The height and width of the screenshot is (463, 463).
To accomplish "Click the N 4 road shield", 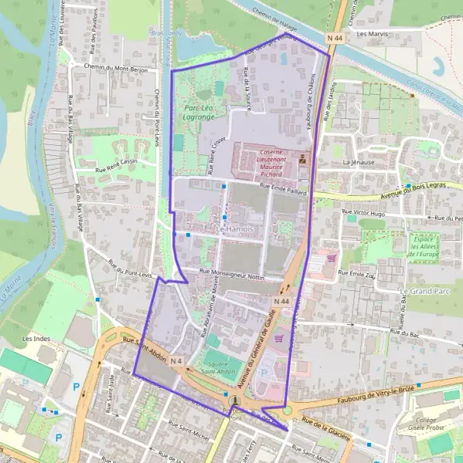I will [177, 361].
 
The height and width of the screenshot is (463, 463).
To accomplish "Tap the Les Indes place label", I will [35, 338].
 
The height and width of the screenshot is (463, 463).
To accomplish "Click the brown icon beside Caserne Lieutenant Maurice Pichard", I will [302, 159].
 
